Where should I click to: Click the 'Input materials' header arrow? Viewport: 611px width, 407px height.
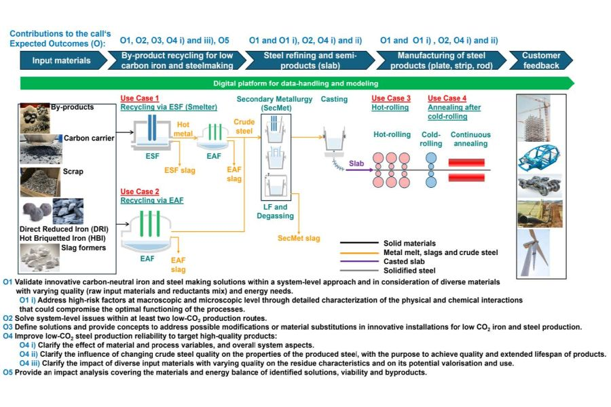click(x=63, y=60)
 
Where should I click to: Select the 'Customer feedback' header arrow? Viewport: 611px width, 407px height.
click(x=541, y=60)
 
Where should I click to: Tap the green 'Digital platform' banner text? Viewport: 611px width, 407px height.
click(x=295, y=83)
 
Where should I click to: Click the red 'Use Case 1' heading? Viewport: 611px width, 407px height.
click(x=139, y=98)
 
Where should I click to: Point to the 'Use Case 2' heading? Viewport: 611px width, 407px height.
click(x=139, y=191)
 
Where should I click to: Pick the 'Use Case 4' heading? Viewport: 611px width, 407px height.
click(x=447, y=98)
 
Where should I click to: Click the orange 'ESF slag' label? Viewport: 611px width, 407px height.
click(x=180, y=170)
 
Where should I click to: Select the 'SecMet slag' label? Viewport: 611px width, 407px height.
click(x=299, y=238)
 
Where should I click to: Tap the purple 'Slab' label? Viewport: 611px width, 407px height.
click(x=356, y=163)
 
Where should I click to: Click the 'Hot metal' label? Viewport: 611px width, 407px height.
click(x=183, y=129)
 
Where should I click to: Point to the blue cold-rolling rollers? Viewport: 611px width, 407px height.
click(x=431, y=170)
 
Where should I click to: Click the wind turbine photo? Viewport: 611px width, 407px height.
click(x=534, y=253)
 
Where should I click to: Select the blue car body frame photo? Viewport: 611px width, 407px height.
click(x=540, y=157)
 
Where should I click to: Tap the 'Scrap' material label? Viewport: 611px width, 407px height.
click(x=73, y=172)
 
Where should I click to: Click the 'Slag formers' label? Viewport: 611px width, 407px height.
click(x=84, y=248)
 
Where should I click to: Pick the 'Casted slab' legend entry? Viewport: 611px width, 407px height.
click(x=404, y=261)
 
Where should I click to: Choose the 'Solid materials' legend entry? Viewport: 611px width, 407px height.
click(x=409, y=244)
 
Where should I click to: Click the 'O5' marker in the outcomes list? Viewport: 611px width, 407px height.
click(x=7, y=372)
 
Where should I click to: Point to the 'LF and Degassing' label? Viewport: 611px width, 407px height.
click(x=275, y=212)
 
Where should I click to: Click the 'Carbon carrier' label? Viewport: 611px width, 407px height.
click(x=89, y=138)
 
